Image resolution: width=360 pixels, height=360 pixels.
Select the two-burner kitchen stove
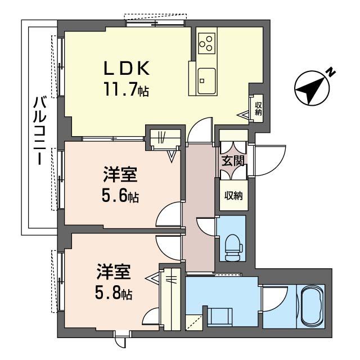click(x=206, y=43)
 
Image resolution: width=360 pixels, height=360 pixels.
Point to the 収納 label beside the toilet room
click(x=233, y=196)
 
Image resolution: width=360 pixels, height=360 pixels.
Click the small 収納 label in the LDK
click(x=258, y=107)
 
